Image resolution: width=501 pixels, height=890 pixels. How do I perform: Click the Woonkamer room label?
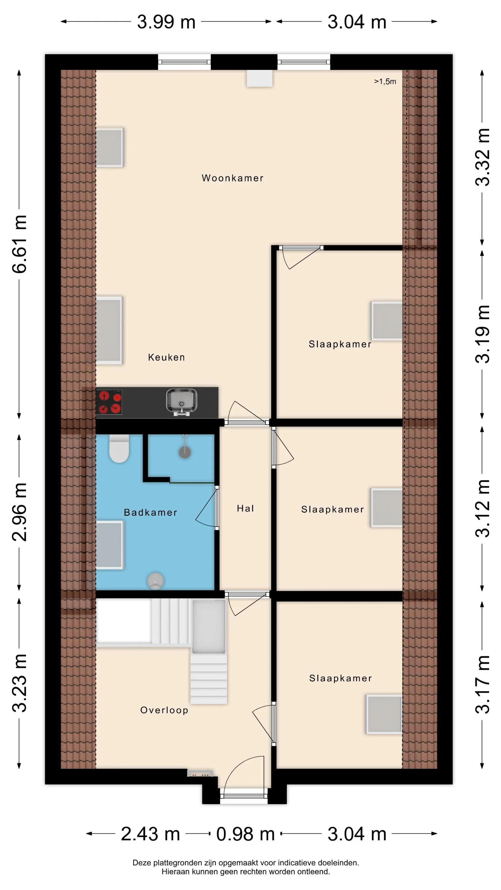click(x=232, y=178)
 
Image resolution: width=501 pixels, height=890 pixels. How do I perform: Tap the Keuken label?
click(x=166, y=357)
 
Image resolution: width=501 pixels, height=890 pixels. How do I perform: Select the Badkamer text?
click(x=150, y=512)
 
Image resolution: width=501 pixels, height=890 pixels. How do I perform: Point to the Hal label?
click(x=245, y=508)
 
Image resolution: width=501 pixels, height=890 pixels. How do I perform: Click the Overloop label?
click(x=164, y=710)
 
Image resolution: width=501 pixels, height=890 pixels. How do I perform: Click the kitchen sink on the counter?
click(x=182, y=402)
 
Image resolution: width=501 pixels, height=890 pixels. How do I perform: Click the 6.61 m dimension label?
click(x=19, y=244)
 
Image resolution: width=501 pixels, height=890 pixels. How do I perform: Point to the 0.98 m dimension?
click(x=245, y=834)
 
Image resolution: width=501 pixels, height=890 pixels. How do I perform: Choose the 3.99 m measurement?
click(x=166, y=22)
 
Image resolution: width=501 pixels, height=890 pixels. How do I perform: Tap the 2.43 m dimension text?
click(x=150, y=834)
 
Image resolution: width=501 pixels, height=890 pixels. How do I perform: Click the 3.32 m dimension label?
click(x=482, y=157)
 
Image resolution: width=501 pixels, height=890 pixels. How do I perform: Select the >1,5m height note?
click(x=385, y=82)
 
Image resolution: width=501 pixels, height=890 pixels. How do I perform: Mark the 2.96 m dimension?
click(x=19, y=512)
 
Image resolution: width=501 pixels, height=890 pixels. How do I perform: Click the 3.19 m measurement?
click(x=482, y=334)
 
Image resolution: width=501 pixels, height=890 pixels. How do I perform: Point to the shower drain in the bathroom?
click(x=185, y=452)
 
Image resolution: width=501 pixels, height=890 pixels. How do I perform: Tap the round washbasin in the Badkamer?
click(x=155, y=581)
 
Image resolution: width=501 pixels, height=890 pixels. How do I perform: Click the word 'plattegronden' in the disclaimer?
click(x=174, y=863)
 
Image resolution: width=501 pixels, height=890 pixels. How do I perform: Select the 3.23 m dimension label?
click(x=19, y=683)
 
